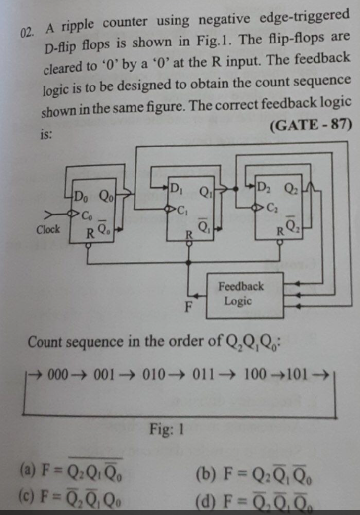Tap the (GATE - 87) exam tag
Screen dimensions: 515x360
[307, 124]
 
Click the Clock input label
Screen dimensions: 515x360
[48, 229]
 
